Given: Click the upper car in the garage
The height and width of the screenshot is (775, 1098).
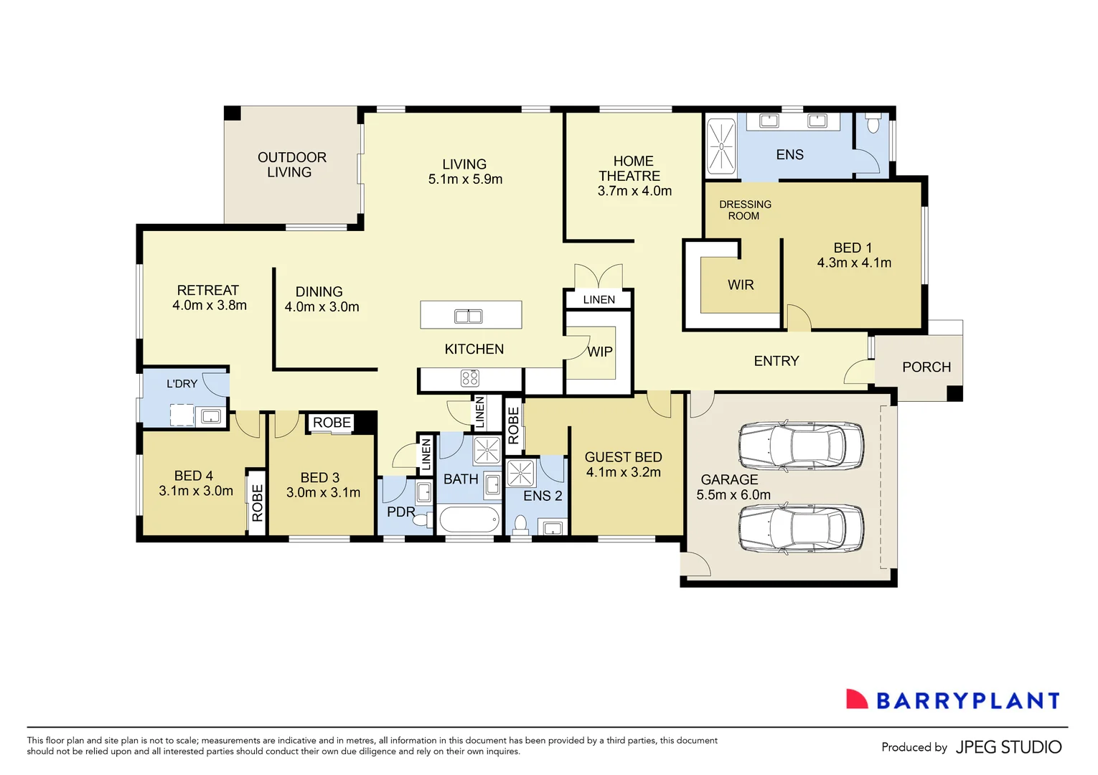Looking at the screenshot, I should [x=801, y=446].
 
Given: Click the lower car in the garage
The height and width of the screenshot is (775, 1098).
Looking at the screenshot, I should [x=801, y=529].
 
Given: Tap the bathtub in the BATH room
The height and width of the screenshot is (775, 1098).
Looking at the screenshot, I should [x=469, y=520].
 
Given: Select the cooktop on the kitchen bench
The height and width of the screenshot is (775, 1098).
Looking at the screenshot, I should [x=470, y=378].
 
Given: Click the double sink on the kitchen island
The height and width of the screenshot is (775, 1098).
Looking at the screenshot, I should [x=469, y=316].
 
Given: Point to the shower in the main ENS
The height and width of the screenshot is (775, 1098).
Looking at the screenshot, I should [x=721, y=146].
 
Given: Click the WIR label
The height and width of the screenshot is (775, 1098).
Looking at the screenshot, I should [x=741, y=285].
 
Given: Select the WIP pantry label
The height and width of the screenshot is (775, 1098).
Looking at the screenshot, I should [x=600, y=352].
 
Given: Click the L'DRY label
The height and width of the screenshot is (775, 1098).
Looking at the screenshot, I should [x=182, y=384].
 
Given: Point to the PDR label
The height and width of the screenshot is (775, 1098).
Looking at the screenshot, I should [x=400, y=512].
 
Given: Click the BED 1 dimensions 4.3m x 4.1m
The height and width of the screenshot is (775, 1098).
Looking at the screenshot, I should [x=854, y=263].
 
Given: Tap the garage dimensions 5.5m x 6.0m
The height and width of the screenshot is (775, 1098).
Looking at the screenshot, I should [x=733, y=495].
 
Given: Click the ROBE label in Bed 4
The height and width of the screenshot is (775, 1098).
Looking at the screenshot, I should [x=257, y=502].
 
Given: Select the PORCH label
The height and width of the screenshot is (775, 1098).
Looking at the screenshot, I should [x=926, y=367].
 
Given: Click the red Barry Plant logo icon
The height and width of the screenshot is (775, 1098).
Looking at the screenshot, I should [x=856, y=700].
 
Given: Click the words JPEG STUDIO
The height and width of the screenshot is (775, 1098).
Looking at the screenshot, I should [x=1008, y=747].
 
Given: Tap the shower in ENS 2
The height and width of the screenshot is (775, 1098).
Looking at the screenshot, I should [x=520, y=474].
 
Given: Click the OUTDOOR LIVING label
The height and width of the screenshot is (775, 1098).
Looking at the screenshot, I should [x=291, y=164].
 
